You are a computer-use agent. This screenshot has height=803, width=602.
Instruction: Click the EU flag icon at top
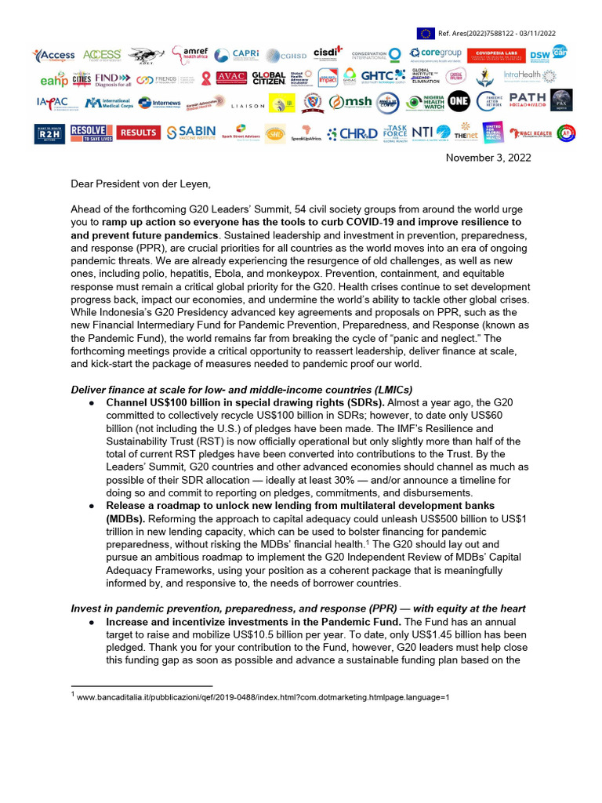click(426, 33)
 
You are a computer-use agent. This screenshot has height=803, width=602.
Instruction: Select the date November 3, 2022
click(488, 158)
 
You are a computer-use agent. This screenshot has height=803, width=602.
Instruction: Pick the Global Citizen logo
click(268, 78)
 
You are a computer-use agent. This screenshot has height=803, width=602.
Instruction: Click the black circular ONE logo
click(459, 102)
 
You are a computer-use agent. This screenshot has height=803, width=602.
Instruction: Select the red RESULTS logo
click(139, 133)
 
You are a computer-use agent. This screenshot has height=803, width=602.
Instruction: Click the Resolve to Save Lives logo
click(88, 133)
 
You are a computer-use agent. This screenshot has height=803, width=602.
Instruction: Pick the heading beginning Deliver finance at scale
click(241, 390)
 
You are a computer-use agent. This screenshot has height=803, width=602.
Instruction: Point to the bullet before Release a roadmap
click(92, 506)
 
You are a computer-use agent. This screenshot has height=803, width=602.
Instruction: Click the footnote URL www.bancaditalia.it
click(263, 696)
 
